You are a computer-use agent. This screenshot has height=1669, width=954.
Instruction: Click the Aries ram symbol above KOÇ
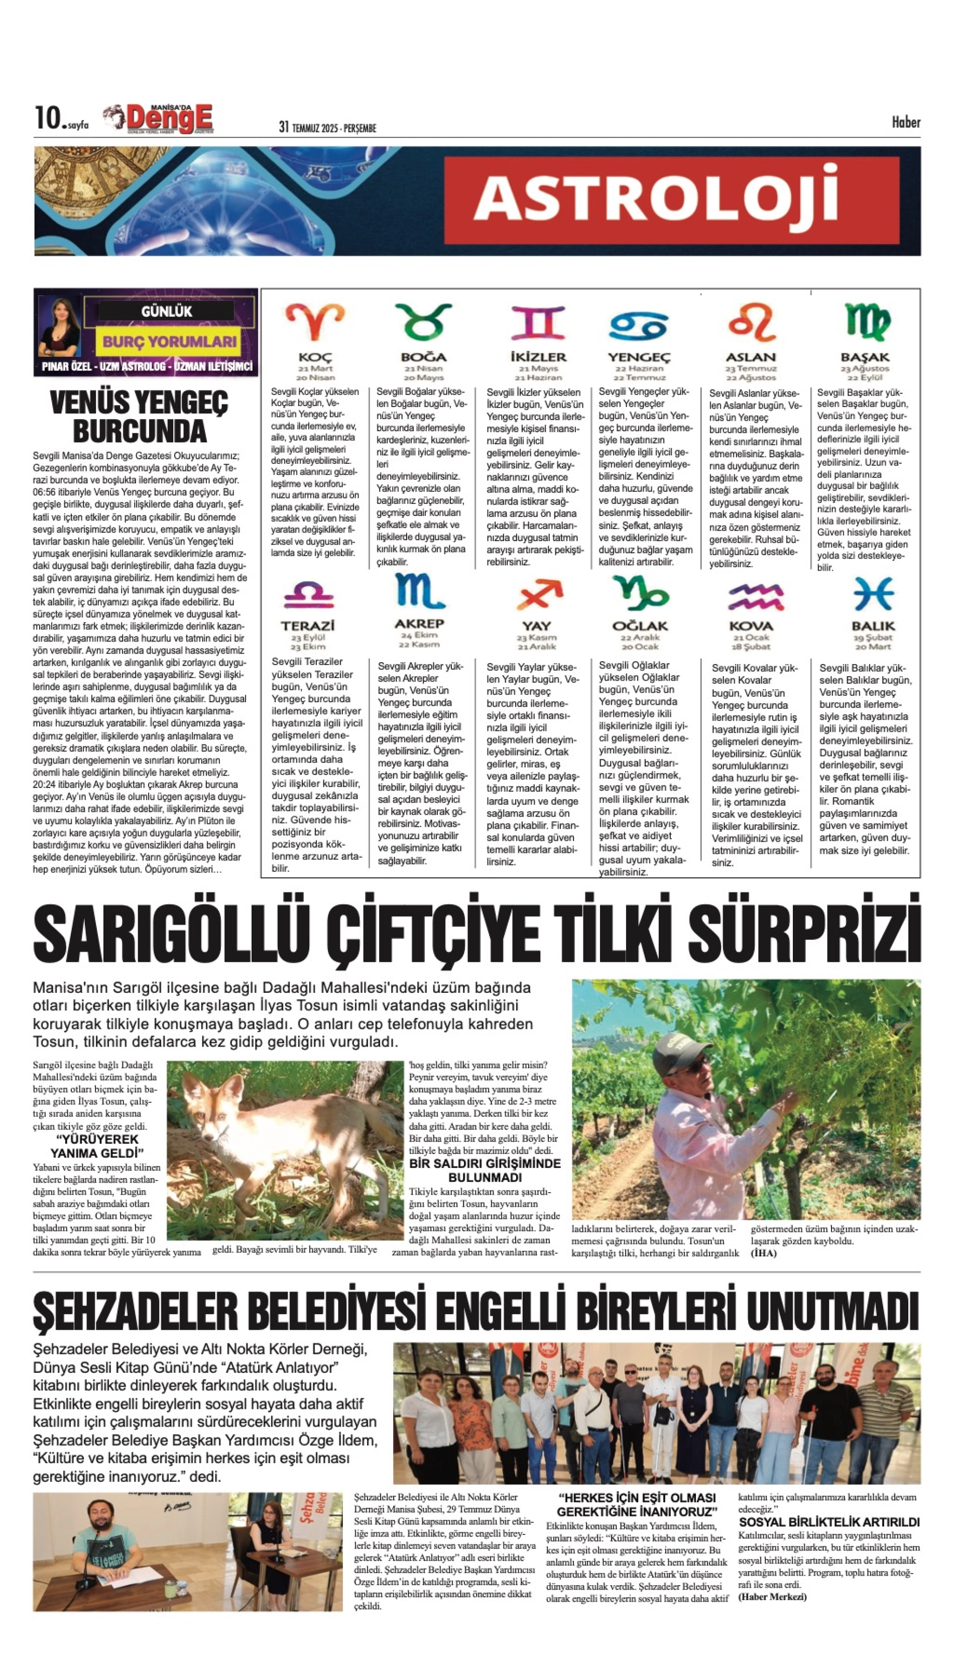[314, 322]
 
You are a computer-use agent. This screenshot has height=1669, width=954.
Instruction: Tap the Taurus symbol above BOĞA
[424, 322]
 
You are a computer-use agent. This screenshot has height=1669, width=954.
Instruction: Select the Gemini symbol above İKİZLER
[537, 322]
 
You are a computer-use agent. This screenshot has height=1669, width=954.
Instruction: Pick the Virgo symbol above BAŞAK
[866, 322]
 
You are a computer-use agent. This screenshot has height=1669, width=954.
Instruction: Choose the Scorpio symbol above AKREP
[419, 591]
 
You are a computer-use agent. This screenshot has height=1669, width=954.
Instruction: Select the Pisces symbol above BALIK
[873, 593]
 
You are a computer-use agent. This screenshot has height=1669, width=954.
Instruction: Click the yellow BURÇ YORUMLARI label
[169, 341]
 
